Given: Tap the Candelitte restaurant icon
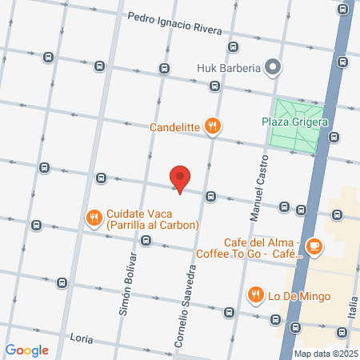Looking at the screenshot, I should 212,126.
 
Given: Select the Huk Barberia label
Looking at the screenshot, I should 229,68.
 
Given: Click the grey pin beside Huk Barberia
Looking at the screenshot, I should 274,67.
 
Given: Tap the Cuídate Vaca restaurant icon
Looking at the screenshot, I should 94,215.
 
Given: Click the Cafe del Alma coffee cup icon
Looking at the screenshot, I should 314,246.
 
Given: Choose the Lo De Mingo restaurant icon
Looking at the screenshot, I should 256,294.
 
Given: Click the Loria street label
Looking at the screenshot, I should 82,337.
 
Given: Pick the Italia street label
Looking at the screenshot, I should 352,305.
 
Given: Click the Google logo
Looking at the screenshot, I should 26,350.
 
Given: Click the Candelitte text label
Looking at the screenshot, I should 174,126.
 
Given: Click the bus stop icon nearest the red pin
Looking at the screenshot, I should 210,196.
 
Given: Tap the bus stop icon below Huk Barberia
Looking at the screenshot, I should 214,86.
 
